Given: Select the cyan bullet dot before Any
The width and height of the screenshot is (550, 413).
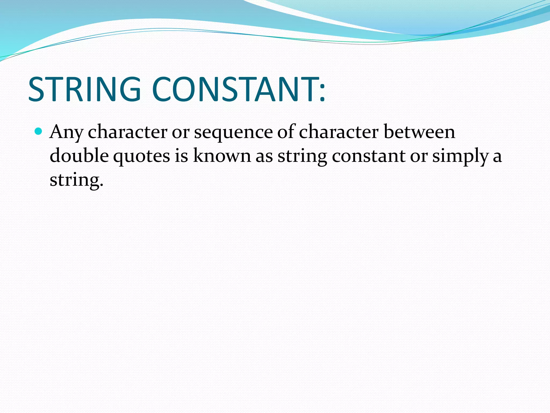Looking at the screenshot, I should coord(39,131).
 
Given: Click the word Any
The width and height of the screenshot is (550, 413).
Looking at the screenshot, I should coord(66,132).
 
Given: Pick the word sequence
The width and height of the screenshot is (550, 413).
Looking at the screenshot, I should coord(233,132).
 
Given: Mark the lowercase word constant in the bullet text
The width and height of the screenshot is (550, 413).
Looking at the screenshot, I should coord(368,156).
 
